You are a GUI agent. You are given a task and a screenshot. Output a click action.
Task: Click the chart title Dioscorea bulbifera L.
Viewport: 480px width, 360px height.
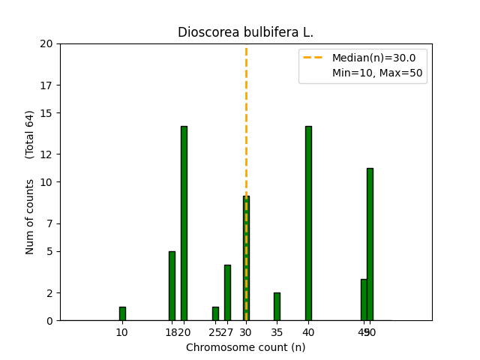tap(245, 33)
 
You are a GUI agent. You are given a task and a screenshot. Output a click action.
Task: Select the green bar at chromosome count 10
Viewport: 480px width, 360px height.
tap(122, 313)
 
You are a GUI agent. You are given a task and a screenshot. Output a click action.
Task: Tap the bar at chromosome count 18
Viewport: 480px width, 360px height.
tap(172, 286)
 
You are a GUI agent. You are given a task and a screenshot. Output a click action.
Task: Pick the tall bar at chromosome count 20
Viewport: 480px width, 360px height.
tap(184, 223)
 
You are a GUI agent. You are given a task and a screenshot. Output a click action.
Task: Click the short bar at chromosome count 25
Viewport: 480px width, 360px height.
tap(215, 313)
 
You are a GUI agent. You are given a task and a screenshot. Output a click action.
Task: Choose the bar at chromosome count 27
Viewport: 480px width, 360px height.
tap(227, 292)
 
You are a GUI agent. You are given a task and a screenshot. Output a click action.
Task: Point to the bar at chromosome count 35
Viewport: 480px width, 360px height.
tap(277, 306)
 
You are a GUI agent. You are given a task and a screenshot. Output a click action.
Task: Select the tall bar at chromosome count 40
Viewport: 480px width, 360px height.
tap(308, 223)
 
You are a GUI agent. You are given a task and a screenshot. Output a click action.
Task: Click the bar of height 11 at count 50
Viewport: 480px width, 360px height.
tap(370, 244)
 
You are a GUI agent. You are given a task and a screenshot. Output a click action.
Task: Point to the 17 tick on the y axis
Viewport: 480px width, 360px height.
tap(46, 85)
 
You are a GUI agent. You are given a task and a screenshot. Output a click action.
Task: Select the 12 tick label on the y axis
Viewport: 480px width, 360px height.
tap(46, 154)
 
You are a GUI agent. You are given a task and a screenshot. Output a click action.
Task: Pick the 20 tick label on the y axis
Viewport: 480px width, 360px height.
tap(46, 43)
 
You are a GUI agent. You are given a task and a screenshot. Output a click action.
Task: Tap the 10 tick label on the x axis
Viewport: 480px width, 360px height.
tap(122, 332)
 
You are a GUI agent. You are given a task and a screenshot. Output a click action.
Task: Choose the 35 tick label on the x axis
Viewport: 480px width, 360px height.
tap(277, 332)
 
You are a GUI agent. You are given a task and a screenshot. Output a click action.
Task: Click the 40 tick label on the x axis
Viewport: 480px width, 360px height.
tap(308, 332)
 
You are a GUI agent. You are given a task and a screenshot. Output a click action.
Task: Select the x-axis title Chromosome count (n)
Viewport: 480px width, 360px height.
tap(245, 347)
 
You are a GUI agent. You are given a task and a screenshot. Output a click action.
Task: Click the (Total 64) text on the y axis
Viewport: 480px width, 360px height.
tap(30, 134)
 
